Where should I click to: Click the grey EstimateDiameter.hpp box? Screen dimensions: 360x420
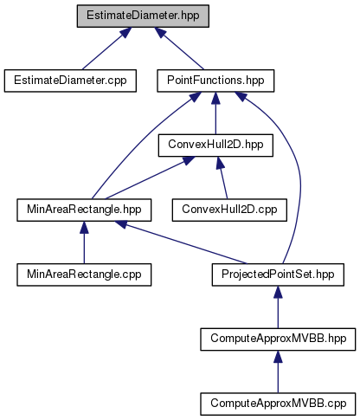[x=143, y=16]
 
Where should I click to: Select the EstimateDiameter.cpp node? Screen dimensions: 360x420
[x=70, y=81]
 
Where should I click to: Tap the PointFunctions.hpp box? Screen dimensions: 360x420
[x=215, y=81]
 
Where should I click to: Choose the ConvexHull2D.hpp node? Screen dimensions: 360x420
[x=215, y=145]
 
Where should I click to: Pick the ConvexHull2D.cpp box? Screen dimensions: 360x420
[x=229, y=210]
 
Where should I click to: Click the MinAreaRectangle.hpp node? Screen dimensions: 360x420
[x=84, y=210]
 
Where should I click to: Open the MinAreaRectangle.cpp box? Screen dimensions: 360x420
[x=84, y=275]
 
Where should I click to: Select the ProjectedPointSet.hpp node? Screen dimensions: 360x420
[x=278, y=275]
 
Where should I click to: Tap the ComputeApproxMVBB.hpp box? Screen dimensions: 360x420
[x=278, y=339]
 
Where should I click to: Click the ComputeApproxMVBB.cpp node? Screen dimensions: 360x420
[x=278, y=404]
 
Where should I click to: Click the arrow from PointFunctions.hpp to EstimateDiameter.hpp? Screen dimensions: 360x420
[x=179, y=48]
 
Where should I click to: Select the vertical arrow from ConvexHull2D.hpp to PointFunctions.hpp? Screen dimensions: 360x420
[x=215, y=113]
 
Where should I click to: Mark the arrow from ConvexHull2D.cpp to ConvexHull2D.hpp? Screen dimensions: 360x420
[x=222, y=178]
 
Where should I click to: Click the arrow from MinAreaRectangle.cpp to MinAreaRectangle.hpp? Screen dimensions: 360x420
[x=84, y=242]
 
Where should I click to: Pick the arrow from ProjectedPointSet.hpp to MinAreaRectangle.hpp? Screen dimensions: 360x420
[x=181, y=242]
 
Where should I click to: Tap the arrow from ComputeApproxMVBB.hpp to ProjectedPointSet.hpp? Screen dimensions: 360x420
[x=278, y=307]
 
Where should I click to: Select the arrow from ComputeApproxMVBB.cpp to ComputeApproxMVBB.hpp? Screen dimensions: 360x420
[x=278, y=372]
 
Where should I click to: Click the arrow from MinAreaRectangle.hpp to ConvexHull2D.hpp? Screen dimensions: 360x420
[x=150, y=178]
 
